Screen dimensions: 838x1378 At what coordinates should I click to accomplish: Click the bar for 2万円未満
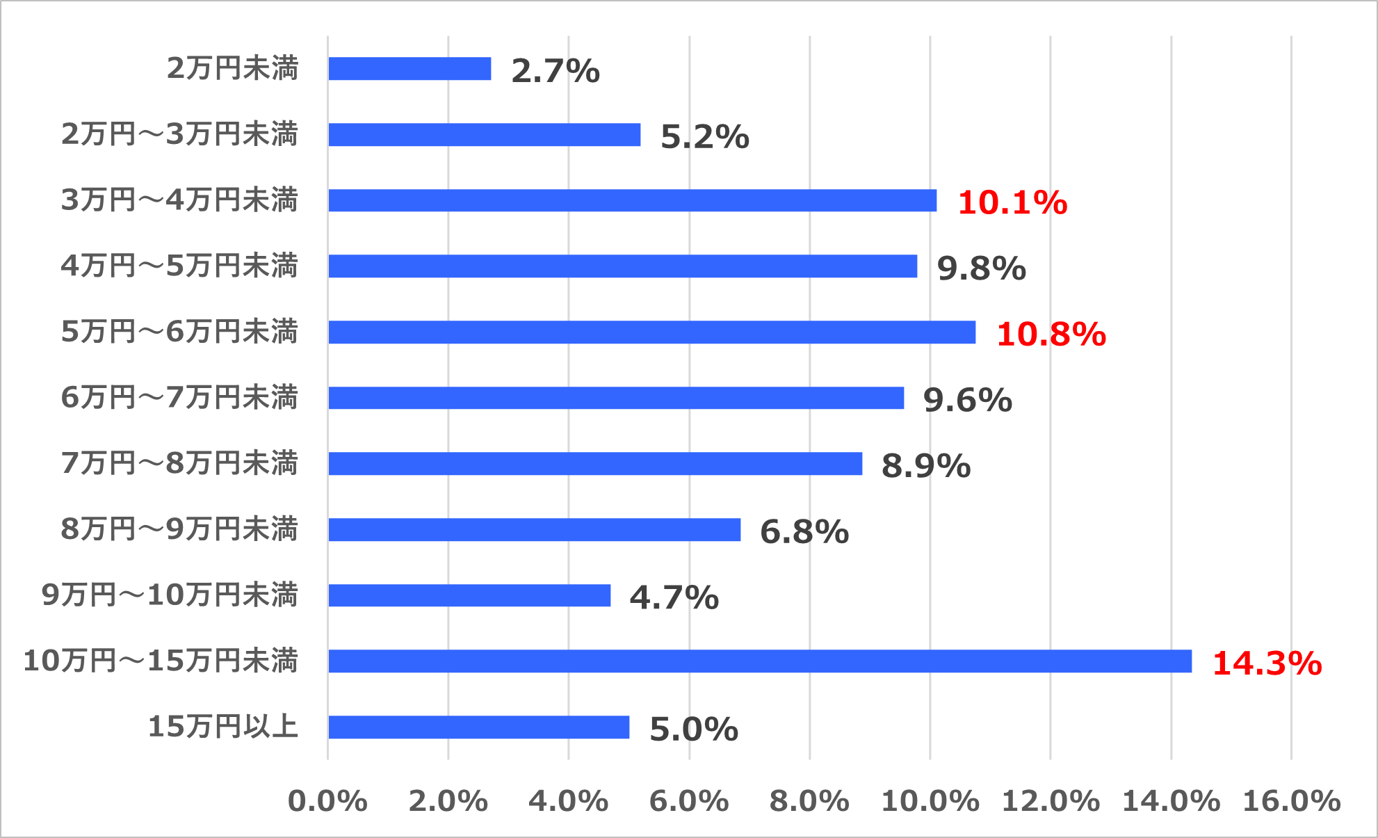[x=410, y=69]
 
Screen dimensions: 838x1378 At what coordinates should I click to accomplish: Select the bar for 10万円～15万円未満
[x=760, y=661]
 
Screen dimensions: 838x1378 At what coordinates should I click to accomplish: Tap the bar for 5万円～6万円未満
[x=651, y=332]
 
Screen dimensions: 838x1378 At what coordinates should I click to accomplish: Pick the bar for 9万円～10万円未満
[x=469, y=595]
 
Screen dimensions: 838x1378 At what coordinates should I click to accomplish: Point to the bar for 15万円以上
[x=478, y=727]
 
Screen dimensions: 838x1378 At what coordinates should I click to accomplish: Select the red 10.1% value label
[x=1012, y=202]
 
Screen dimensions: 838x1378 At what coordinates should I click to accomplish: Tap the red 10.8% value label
[x=1051, y=334]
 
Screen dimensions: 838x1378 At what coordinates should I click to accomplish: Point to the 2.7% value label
[x=555, y=71]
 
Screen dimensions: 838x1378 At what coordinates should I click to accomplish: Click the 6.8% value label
[x=804, y=532]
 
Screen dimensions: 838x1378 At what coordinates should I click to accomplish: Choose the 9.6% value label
[x=967, y=400]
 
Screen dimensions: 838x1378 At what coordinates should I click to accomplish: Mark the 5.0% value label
[x=693, y=730]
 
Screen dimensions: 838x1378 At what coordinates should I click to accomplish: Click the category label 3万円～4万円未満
[x=179, y=200]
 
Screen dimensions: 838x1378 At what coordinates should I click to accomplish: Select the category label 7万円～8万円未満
[x=179, y=463]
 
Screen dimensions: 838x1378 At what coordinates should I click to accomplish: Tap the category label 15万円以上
[x=223, y=727]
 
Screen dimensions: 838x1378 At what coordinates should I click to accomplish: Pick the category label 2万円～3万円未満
[x=179, y=134]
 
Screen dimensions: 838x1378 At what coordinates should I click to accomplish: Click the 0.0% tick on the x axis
[x=327, y=801]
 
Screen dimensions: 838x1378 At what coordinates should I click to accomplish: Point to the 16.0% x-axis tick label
[x=1291, y=801]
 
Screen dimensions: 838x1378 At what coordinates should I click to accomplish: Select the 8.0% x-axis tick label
[x=809, y=801]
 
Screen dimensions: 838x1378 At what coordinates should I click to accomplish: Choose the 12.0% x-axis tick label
[x=1050, y=801]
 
